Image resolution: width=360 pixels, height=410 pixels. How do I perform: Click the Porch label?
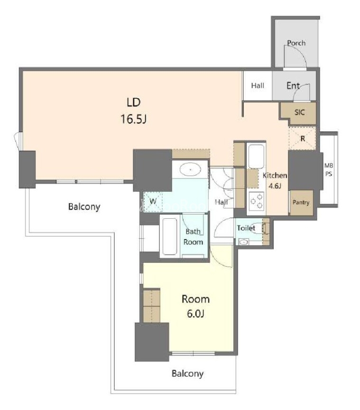pos(296,43)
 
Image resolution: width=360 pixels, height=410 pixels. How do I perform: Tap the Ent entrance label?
pos(293,85)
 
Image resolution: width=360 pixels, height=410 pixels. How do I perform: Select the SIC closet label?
pos(299,112)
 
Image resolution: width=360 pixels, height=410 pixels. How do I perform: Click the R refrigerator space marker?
pos(303,139)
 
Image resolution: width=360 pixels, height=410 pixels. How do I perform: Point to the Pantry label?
pos(301,202)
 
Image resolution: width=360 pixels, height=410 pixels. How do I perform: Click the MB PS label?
pos(329,169)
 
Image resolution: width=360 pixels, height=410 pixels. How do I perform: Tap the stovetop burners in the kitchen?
pos(256,201)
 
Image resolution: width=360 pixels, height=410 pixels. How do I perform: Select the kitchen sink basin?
pos(256,157)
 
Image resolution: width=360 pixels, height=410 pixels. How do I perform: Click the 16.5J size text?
pos(133,119)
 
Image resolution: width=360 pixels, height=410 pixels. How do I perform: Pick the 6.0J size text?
pos(195,313)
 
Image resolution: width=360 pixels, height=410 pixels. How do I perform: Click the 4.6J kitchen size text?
pos(275,186)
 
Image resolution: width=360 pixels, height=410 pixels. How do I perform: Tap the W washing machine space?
pos(153,202)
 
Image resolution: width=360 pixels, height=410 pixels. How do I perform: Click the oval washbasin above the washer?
pos(190,170)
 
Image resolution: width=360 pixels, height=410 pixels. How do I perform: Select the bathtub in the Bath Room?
pos(170,236)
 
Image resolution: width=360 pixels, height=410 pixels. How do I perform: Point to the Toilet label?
pos(246,228)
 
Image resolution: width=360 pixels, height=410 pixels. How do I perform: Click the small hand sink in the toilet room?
pos(244,242)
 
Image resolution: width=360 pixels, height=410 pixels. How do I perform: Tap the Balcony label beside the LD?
pos(84,207)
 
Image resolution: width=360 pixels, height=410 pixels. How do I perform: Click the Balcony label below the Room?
pos(187,373)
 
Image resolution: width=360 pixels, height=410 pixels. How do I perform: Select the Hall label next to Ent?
pos(258,85)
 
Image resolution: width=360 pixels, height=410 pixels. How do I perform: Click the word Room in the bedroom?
pos(195,299)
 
